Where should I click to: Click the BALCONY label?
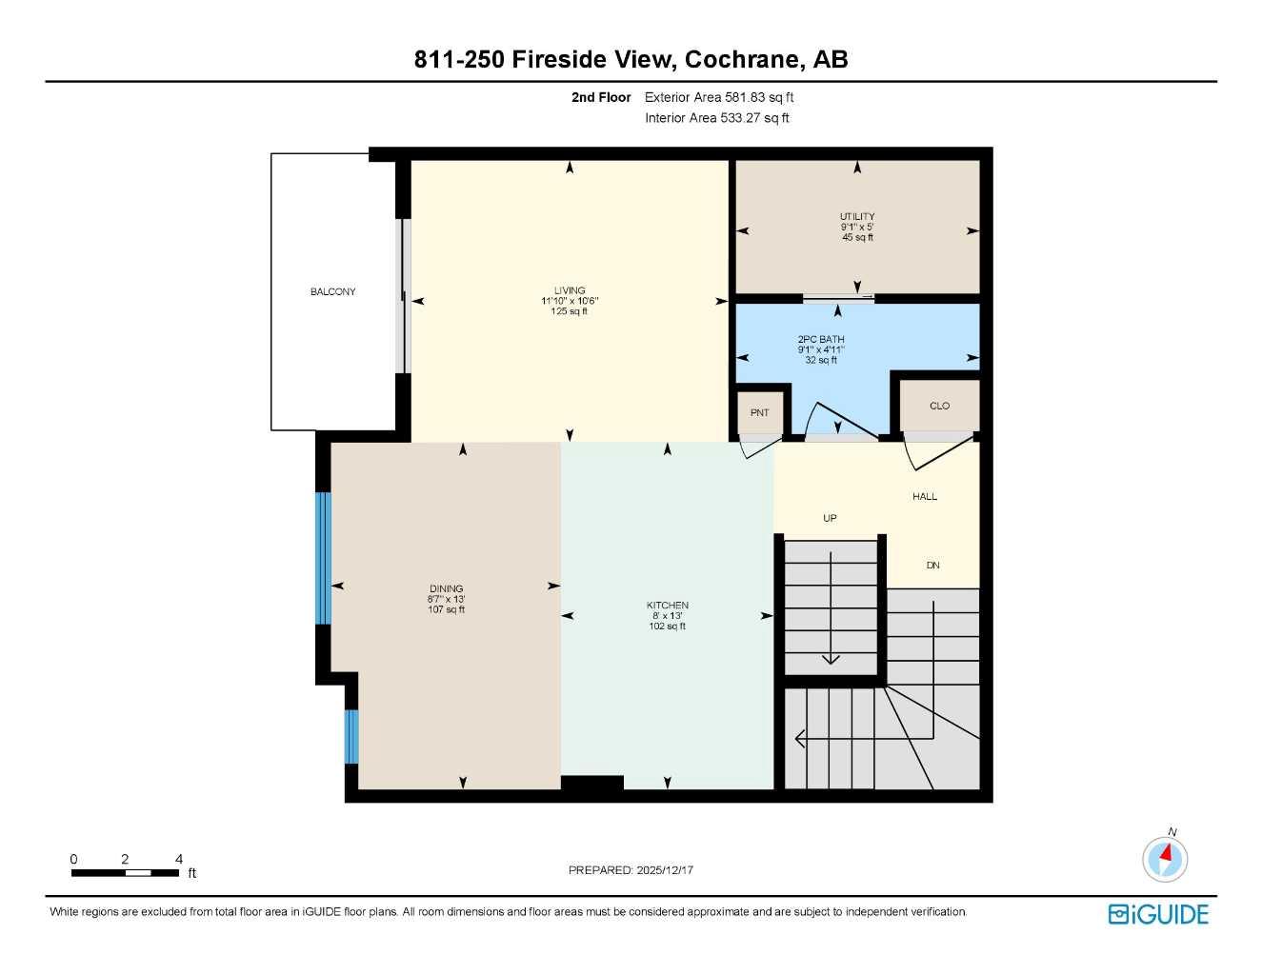(332, 291)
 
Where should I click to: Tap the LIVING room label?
(570, 290)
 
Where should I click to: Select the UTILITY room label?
(857, 217)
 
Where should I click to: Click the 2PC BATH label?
(821, 339)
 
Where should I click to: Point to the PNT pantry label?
(759, 412)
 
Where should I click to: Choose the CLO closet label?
(939, 406)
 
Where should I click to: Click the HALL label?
(924, 496)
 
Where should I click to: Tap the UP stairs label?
(830, 518)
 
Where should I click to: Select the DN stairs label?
(932, 566)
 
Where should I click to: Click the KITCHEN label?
(667, 606)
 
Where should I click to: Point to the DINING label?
(446, 589)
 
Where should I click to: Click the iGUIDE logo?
(1158, 914)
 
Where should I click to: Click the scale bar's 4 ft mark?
(179, 859)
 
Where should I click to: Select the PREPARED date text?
(631, 869)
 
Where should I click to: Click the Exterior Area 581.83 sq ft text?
(719, 97)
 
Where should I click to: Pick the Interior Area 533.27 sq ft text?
(717, 118)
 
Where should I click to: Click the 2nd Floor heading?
(601, 97)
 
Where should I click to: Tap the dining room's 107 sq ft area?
(446, 610)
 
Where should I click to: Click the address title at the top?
(631, 59)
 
